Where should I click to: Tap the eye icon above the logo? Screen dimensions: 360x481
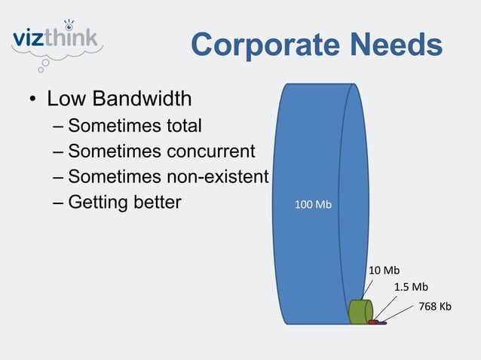[x=69, y=22]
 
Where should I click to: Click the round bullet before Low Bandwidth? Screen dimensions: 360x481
[x=34, y=100]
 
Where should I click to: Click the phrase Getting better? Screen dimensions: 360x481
[x=125, y=203]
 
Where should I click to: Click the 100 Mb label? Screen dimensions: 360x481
[x=313, y=205]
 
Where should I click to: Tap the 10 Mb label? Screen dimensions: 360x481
[x=384, y=270]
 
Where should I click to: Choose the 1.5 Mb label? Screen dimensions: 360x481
[x=411, y=287]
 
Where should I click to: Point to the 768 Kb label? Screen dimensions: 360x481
[x=434, y=306]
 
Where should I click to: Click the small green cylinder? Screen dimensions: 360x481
[x=360, y=311]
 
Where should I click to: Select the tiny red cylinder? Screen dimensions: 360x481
[x=373, y=322]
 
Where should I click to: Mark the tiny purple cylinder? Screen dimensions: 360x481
[x=382, y=323]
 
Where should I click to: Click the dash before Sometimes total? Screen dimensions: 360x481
[x=59, y=126]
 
